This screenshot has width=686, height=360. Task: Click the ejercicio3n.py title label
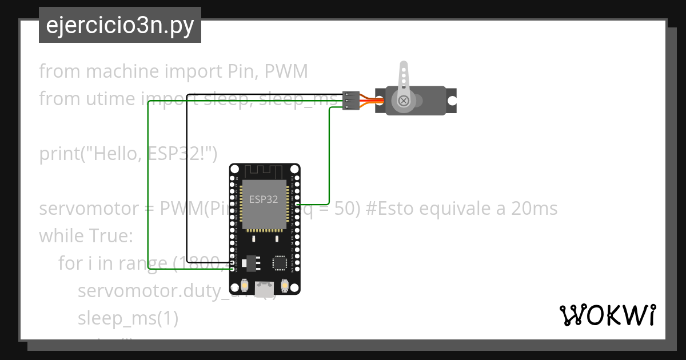[120, 26]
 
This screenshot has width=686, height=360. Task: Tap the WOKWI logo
[607, 315]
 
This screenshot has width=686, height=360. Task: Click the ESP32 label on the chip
[264, 199]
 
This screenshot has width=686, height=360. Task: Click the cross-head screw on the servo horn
[404, 101]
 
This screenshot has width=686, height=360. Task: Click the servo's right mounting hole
[452, 101]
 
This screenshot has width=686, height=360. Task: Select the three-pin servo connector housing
[350, 101]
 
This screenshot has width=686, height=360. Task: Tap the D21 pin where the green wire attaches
[296, 204]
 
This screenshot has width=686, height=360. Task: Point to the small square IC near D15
[280, 263]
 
